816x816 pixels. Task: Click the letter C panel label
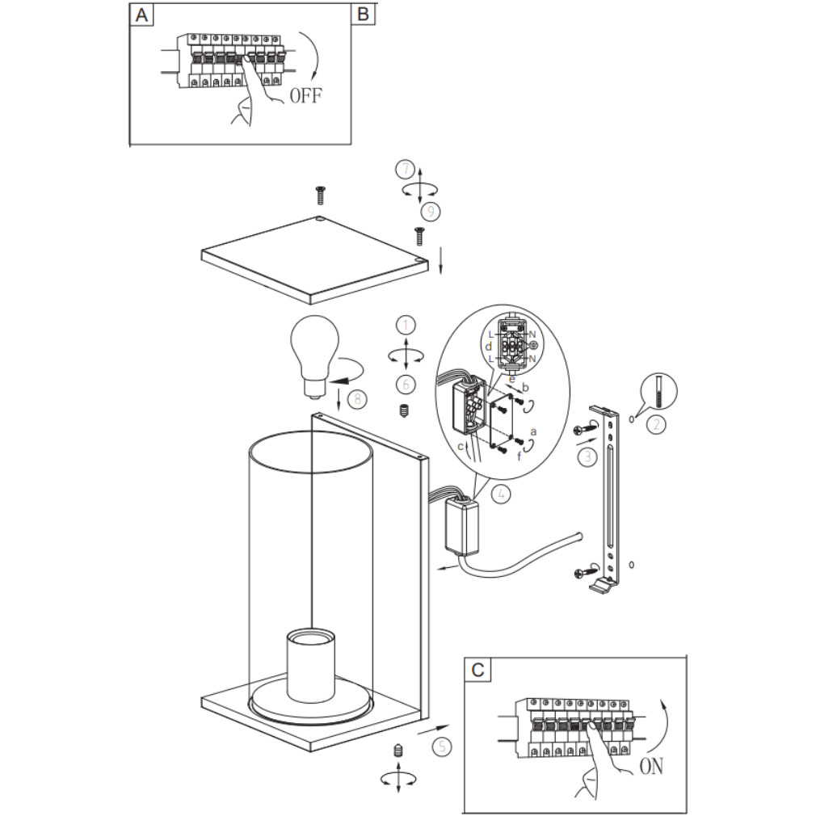(478, 669)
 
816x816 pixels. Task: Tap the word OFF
(305, 96)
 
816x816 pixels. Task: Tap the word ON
(651, 766)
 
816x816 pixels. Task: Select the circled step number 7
(405, 170)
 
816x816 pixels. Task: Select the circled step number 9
(431, 212)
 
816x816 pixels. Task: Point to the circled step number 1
(406, 325)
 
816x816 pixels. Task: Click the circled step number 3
(587, 457)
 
